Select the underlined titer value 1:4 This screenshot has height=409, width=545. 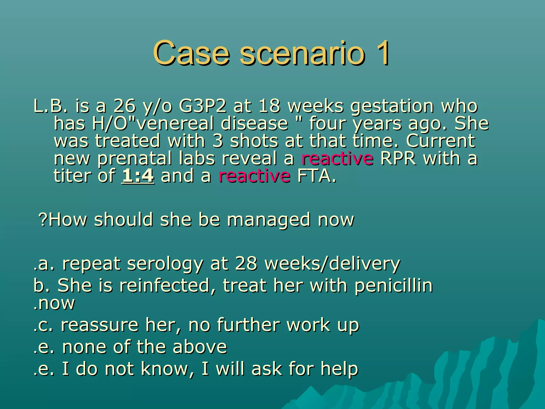(x=138, y=176)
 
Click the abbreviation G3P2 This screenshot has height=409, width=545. (x=203, y=106)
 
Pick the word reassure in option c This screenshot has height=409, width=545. (x=100, y=325)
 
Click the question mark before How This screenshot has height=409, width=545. (x=43, y=220)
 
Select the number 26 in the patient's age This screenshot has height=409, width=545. (x=125, y=106)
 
